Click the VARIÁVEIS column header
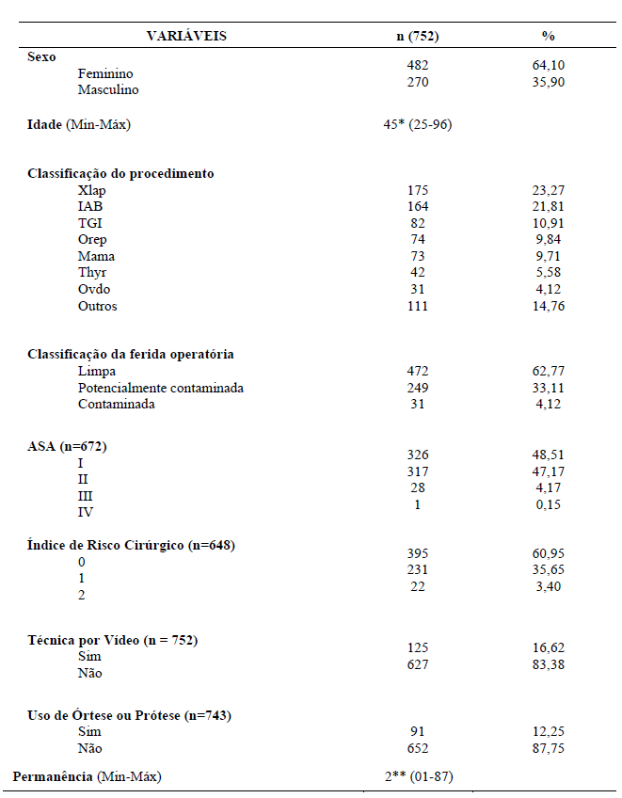click(x=186, y=36)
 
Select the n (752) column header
click(x=417, y=36)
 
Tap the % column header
click(x=548, y=36)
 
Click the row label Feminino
click(x=105, y=73)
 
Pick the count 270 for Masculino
click(x=417, y=82)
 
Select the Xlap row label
click(x=92, y=190)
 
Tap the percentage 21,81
click(x=548, y=206)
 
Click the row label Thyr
click(x=92, y=273)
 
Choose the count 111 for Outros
click(x=417, y=306)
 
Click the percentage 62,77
click(x=548, y=372)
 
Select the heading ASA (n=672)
click(x=67, y=446)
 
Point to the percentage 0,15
click(x=548, y=505)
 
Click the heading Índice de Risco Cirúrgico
click(x=131, y=545)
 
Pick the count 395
click(x=417, y=553)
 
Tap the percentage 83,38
click(x=548, y=665)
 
